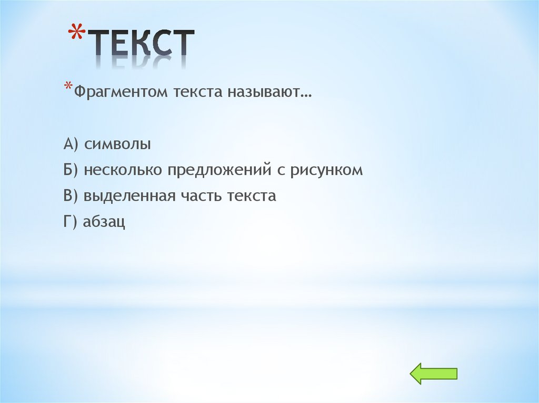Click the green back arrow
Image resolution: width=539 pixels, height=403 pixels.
coord(433,373)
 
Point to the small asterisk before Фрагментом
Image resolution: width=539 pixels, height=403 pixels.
coord(68,87)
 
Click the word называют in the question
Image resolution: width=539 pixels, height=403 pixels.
coord(269,92)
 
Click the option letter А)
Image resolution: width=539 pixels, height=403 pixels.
coord(71,144)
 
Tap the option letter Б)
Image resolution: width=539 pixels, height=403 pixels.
coord(71,170)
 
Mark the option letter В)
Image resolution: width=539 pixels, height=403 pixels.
coord(71,196)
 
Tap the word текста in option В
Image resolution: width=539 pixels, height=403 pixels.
coord(252,197)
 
